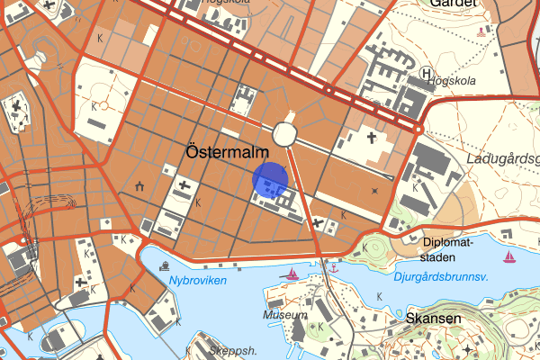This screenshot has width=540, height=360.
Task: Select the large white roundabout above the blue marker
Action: click(287, 134)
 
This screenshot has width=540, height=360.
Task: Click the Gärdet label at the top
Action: click(451, 4)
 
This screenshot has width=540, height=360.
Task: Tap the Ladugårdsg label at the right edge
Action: click(503, 159)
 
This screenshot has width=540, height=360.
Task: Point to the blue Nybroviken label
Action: click(197, 281)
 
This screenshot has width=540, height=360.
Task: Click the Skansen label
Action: click(433, 319)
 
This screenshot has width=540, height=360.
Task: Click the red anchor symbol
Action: click(333, 268)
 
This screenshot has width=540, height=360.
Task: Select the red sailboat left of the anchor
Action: click(292, 273)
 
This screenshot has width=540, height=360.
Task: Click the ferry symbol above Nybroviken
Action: click(165, 266)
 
